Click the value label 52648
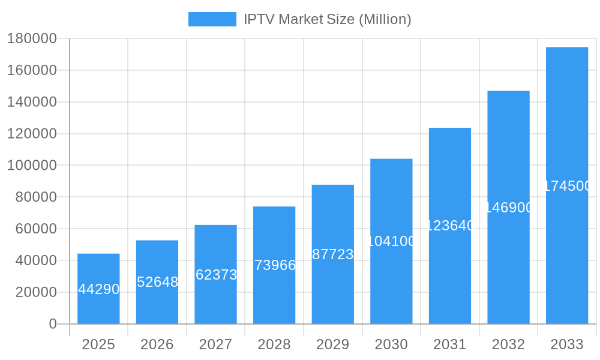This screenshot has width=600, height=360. tap(157, 282)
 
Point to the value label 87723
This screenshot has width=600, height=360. tap(333, 254)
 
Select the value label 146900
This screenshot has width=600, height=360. tap(509, 208)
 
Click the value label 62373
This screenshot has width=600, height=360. tap(216, 275)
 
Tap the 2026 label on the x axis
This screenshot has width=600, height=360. tap(157, 344)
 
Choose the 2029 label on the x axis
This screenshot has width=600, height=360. tap(333, 344)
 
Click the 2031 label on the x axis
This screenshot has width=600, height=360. tap(450, 344)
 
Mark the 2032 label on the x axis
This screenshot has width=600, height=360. tap(508, 344)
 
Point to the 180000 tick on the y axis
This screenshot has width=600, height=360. tap(32, 39)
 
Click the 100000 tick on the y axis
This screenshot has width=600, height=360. tap(32, 166)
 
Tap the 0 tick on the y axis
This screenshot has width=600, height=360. tap(53, 324)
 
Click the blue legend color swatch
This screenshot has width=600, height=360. tap(212, 19)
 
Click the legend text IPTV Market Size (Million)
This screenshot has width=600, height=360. tap(327, 19)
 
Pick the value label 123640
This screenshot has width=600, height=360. tap(450, 226)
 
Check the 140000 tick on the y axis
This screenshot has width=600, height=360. tap(32, 102)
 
